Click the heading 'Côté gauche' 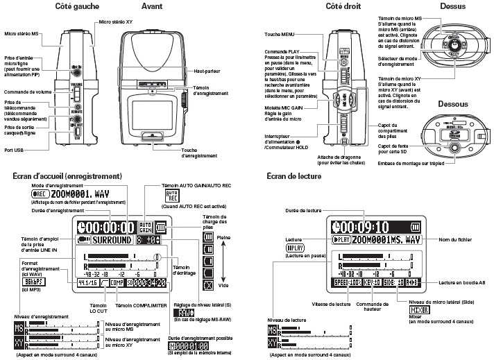pyautogui.click(x=76, y=6)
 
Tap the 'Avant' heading pyautogui.click(x=151, y=6)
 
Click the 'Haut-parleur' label pyautogui.click(x=207, y=71)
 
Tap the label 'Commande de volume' pyautogui.click(x=28, y=92)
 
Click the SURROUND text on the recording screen pyautogui.click(x=112, y=241)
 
